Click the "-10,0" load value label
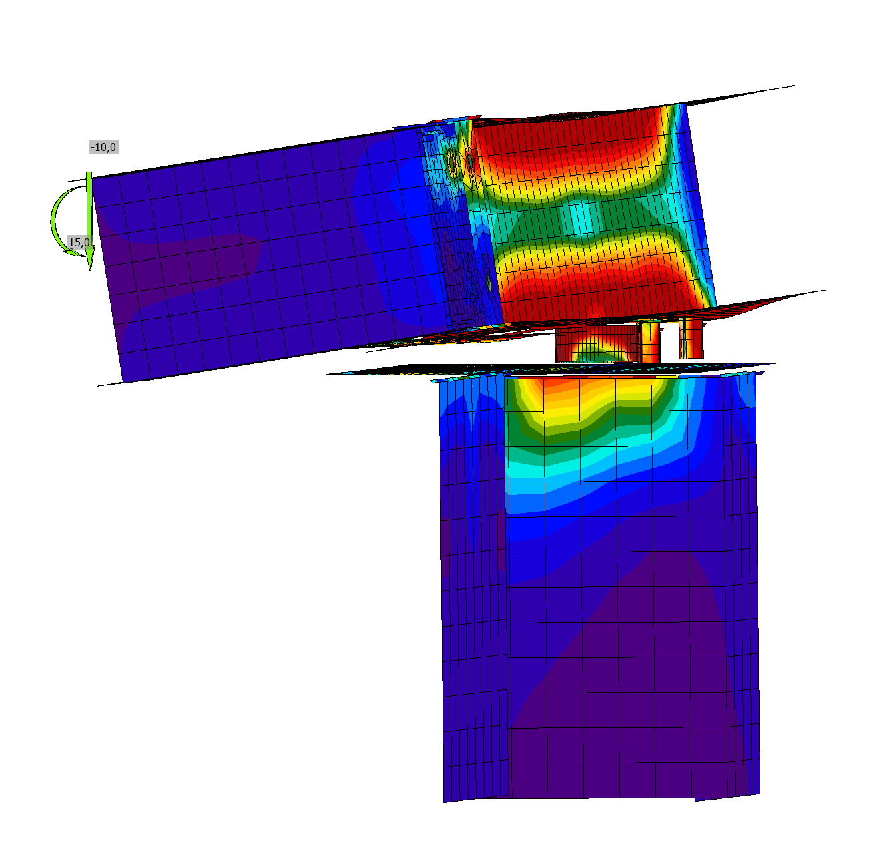[104, 147]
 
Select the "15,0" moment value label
[79, 242]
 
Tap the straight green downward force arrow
[89, 221]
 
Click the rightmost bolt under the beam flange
[691, 339]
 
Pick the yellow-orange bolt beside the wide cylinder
[649, 343]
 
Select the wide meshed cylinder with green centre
[597, 344]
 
